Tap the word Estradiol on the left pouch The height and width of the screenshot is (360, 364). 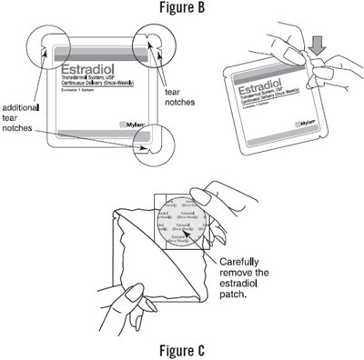point(86,66)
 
